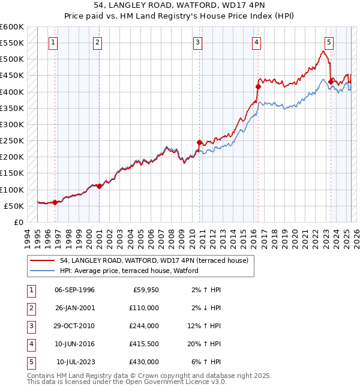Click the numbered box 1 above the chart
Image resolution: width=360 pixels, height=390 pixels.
point(54,42)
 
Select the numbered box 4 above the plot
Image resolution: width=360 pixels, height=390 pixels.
point(256,42)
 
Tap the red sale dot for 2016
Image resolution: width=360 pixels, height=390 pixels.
point(258,86)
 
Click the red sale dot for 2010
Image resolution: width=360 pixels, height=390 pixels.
point(199,142)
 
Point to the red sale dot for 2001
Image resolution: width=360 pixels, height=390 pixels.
point(99,186)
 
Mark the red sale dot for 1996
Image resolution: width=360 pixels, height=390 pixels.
point(55,202)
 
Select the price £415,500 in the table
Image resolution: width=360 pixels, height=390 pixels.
point(144,344)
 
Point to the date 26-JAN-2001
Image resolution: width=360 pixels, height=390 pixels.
point(74,308)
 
